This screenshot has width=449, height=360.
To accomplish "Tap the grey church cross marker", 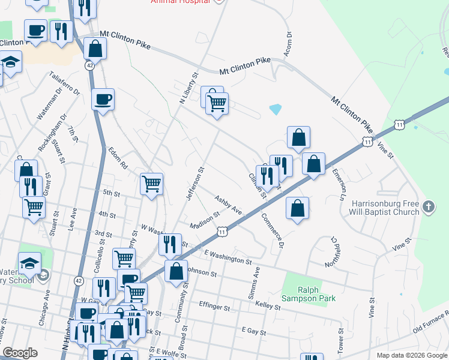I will pos(427,207).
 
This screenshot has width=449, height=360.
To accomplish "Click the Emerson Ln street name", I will pos(339,184).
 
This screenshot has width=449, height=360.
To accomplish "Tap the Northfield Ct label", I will pos(334,250).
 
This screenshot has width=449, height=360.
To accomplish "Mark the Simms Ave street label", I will pos(254,283).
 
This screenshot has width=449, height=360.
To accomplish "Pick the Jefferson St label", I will pos(196,184).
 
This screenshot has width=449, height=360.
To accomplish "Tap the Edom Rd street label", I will pos(117,158).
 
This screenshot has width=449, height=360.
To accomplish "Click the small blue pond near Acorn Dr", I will pos(276,109).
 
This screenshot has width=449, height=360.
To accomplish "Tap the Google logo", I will pos(20,353).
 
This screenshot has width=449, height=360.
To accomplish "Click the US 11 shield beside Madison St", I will pos(223,230).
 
